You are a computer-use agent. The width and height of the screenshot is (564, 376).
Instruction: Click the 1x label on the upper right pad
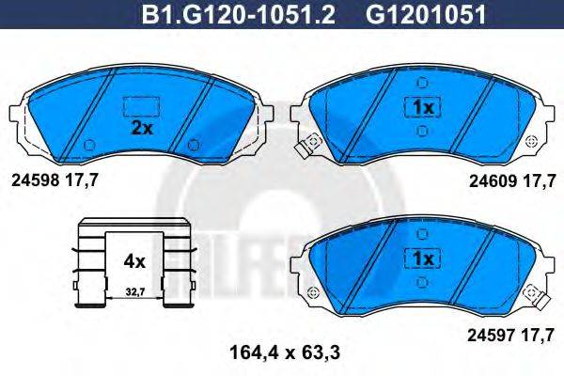point(421,107)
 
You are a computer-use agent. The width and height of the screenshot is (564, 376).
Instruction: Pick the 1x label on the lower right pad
point(421,258)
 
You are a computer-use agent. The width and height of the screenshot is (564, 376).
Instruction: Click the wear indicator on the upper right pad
point(305,149)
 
